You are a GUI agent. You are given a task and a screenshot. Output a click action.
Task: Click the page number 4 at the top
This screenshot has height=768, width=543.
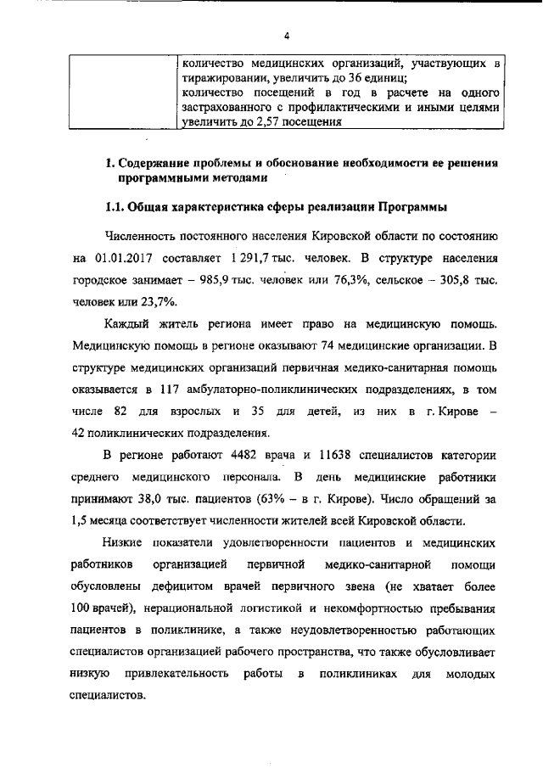[287, 36]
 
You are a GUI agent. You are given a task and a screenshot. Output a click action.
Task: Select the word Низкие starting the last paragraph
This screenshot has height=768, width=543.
[123, 542]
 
